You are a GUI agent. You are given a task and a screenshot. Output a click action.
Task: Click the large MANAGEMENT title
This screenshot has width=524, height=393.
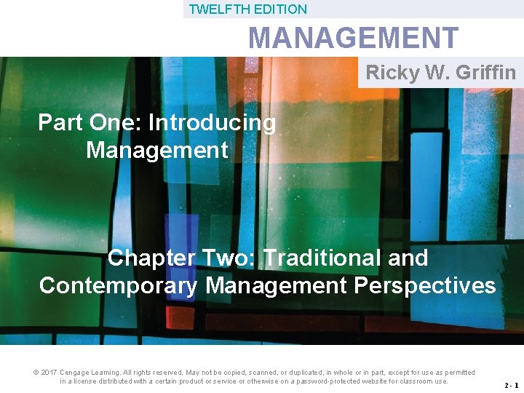(353, 38)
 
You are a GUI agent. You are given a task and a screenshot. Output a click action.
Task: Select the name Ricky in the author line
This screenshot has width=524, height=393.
(392, 72)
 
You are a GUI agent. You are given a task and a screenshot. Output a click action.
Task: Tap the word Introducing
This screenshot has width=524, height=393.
(212, 123)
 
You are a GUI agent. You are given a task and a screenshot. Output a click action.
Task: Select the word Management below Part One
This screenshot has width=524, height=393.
(156, 151)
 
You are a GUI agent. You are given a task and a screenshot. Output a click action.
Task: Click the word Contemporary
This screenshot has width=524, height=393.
(119, 285)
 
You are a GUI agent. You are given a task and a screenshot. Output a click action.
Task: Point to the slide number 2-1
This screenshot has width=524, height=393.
(509, 386)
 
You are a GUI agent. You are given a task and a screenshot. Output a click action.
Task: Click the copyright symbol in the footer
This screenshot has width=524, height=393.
(36, 373)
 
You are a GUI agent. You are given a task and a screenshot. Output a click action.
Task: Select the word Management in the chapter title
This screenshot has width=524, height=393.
(277, 285)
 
